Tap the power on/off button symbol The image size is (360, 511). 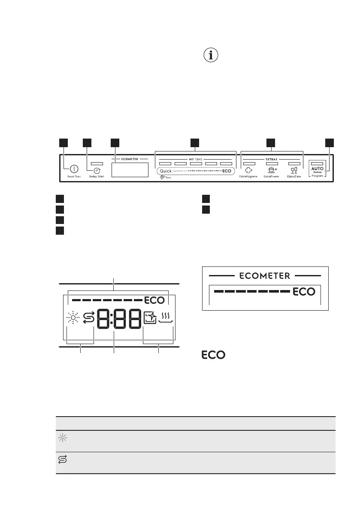point(68,169)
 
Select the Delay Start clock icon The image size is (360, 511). point(97,169)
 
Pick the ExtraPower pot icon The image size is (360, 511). point(272,169)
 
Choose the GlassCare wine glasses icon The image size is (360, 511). point(293,169)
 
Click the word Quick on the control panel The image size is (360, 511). point(166,171)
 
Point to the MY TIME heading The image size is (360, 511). point(196,159)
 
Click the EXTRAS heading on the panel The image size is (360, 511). point(271,159)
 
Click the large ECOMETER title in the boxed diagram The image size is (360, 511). point(265,275)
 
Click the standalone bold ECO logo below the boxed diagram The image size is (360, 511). point(214,355)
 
